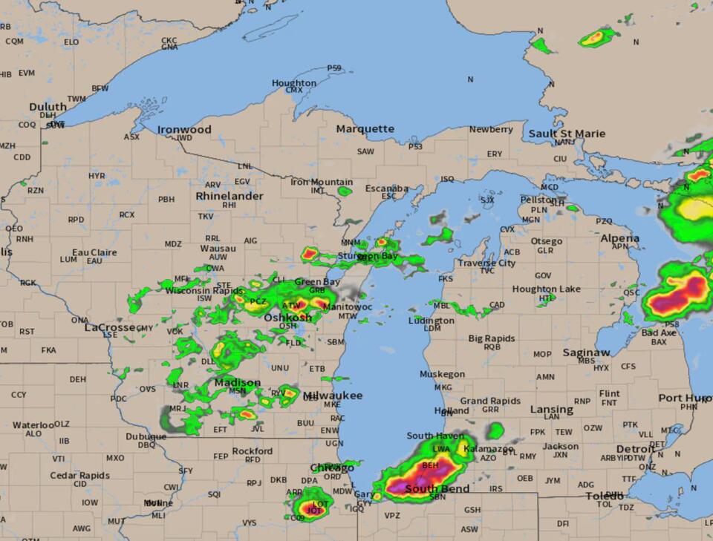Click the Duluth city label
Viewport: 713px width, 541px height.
coord(48,107)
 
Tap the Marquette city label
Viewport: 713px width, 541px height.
coord(365,128)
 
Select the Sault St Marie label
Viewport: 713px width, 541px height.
coord(567,134)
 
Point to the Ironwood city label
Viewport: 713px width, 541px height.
coord(184,129)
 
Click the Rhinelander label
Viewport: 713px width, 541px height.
coord(229,196)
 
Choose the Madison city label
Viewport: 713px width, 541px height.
coord(238,382)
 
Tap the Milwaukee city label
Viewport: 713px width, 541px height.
coord(333,396)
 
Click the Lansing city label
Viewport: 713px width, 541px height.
coord(551,409)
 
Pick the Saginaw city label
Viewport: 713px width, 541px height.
coord(586,353)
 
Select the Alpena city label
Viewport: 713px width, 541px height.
coord(619,238)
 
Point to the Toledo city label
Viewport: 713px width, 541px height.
coord(605,496)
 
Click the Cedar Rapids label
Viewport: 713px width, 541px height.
coord(79,475)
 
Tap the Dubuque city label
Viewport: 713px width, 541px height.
coord(146,436)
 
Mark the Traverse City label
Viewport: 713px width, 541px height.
coord(486,263)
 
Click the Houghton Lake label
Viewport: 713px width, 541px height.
coord(547,289)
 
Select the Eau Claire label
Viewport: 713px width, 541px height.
coord(94,252)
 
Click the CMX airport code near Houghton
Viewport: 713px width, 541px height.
coord(294,90)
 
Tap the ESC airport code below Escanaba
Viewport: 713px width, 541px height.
coord(388,196)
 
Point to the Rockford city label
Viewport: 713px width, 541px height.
coord(253,450)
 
